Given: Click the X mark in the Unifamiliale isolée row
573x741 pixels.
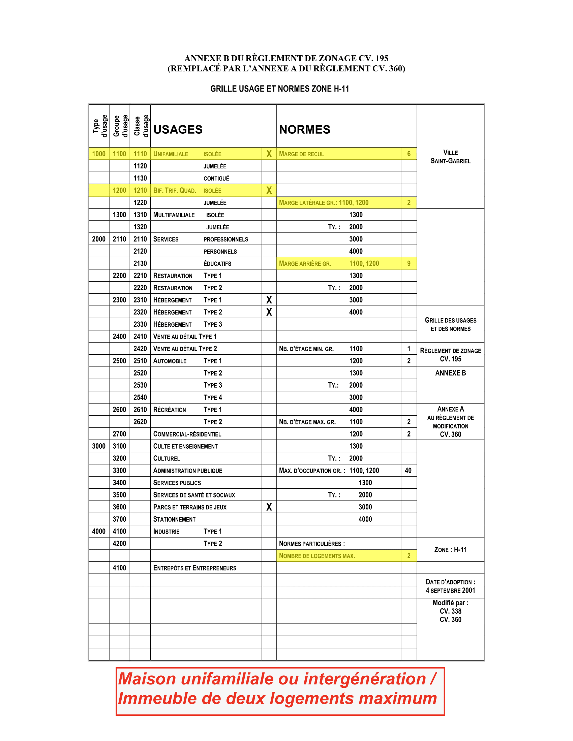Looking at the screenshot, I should coord(269,154).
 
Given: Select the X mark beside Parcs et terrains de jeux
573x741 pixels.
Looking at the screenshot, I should coord(269,507).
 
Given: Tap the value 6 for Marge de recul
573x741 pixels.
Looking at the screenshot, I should coord(409,154).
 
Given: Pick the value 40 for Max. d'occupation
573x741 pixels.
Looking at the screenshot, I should coord(408,470).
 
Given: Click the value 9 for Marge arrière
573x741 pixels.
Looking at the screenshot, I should coord(409,263).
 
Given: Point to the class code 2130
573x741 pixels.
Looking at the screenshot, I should coord(140,263).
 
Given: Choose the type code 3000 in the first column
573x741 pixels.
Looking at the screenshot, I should coord(99,446).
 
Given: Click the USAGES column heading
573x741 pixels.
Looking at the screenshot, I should coord(178,129).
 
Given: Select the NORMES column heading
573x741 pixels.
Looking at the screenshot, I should coord(304,129).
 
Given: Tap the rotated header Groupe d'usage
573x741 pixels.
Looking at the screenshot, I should coord(121,126).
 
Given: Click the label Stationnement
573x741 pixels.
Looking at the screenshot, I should coord(174,519).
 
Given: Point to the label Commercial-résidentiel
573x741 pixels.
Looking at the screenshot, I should coord(187,434).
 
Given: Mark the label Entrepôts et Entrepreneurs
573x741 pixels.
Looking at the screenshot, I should coord(194,568).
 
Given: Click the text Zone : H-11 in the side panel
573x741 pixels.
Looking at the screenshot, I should coord(450,550).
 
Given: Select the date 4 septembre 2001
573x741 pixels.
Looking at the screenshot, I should coord(450,590).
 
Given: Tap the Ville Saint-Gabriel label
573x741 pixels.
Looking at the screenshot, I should coord(450,157).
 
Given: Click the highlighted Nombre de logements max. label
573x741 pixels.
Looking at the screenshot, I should coord(317,556).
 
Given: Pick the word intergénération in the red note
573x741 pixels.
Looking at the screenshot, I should coord(364,679).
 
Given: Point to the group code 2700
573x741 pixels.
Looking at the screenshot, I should coord(119,434).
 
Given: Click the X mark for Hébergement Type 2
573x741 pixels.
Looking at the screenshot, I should coord(269,312).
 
